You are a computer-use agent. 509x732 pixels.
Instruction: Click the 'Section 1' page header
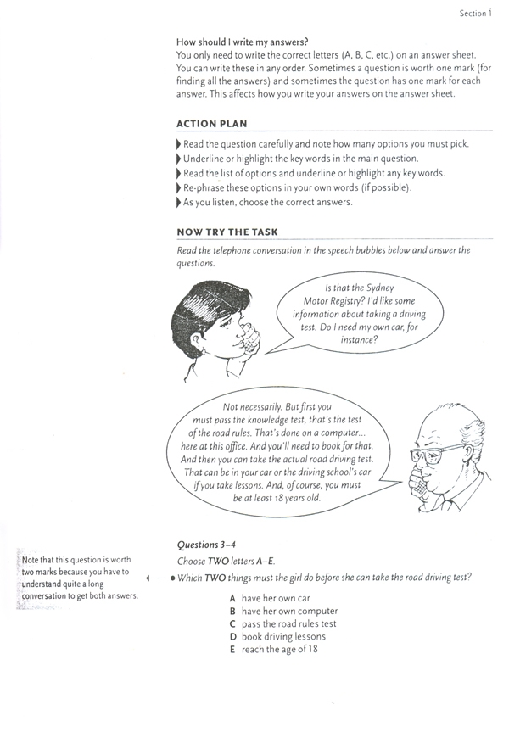[x=475, y=14]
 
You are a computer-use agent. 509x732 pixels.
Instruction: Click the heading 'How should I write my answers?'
[x=243, y=42]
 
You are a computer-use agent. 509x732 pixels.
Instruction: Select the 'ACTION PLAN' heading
[x=212, y=124]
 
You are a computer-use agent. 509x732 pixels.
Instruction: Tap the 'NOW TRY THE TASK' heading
[x=227, y=232]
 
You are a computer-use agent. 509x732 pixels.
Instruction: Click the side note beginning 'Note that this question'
[x=81, y=577]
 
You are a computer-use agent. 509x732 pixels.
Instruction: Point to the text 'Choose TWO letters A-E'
[x=227, y=562]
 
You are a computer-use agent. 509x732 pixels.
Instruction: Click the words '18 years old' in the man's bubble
[x=300, y=500]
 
